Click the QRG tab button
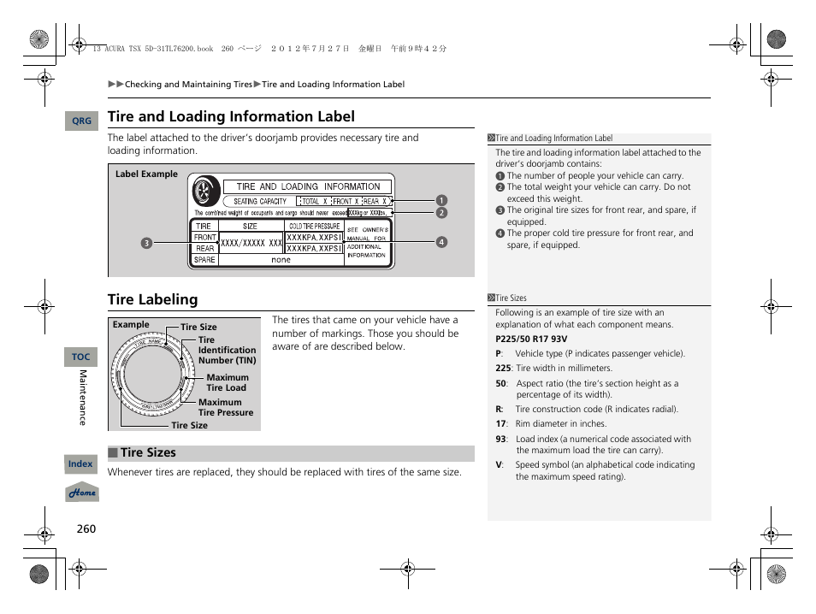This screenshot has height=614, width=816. pyautogui.click(x=81, y=121)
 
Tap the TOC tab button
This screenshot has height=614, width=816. pyautogui.click(x=81, y=357)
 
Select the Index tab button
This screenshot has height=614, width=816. pyautogui.click(x=80, y=464)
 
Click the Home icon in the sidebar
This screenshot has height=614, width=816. pyautogui.click(x=82, y=493)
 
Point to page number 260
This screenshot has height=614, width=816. pyautogui.click(x=86, y=528)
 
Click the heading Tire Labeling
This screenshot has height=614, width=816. pyautogui.click(x=152, y=299)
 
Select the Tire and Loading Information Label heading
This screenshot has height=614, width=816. pyautogui.click(x=231, y=116)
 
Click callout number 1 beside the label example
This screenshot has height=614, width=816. pyautogui.click(x=441, y=201)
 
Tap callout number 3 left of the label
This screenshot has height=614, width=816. pyautogui.click(x=146, y=242)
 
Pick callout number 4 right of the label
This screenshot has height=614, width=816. pyautogui.click(x=441, y=242)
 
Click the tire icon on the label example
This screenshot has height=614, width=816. pyautogui.click(x=204, y=190)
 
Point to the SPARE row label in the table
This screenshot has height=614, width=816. pyautogui.click(x=204, y=260)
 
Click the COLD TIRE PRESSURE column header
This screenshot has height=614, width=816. pyautogui.click(x=314, y=226)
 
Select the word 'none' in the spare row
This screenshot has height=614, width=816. pyautogui.click(x=281, y=260)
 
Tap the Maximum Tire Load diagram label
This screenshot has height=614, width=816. pyautogui.click(x=228, y=382)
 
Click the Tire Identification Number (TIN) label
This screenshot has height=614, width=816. pyautogui.click(x=227, y=350)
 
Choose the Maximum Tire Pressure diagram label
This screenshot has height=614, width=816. pyautogui.click(x=226, y=407)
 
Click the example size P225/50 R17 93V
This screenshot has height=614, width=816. pyautogui.click(x=530, y=339)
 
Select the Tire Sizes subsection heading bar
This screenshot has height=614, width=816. pyautogui.click(x=291, y=453)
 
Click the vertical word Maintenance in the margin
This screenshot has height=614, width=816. pyautogui.click(x=83, y=398)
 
